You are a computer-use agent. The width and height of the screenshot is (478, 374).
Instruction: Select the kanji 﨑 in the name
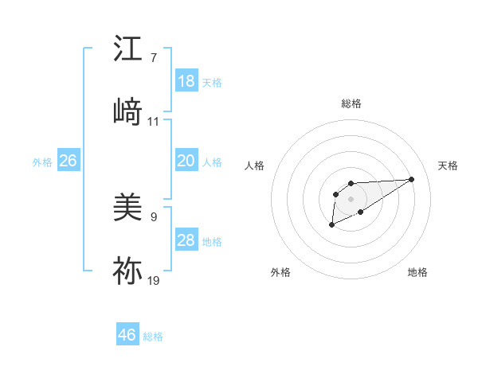[x=127, y=111]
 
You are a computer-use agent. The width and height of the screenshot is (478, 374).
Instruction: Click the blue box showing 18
[x=186, y=81]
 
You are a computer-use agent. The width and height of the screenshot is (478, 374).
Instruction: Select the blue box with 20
[x=186, y=161]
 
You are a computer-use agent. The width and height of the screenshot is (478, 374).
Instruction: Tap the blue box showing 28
[x=186, y=240]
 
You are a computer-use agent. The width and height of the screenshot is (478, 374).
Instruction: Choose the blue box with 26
[x=68, y=161]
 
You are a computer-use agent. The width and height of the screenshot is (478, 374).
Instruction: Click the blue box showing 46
[x=127, y=335]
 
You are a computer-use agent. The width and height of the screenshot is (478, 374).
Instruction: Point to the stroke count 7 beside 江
[x=153, y=58]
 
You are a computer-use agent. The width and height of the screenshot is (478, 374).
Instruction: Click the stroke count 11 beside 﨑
[x=154, y=122]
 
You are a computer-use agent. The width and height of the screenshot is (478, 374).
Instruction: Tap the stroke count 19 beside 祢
[x=154, y=280]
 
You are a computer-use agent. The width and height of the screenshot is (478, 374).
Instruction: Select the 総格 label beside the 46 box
[x=153, y=337]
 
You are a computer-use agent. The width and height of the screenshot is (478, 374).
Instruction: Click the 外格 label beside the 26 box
[x=42, y=162]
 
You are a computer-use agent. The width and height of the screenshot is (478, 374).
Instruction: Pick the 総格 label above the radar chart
[x=351, y=103]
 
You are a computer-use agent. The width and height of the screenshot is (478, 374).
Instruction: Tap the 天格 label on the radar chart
[x=448, y=166]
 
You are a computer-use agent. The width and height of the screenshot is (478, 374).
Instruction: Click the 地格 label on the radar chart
[x=417, y=272]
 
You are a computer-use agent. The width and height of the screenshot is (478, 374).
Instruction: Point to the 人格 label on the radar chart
[x=255, y=166]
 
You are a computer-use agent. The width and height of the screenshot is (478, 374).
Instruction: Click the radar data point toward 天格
[x=412, y=179]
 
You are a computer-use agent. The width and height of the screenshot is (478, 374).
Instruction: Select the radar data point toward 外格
[x=331, y=226]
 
